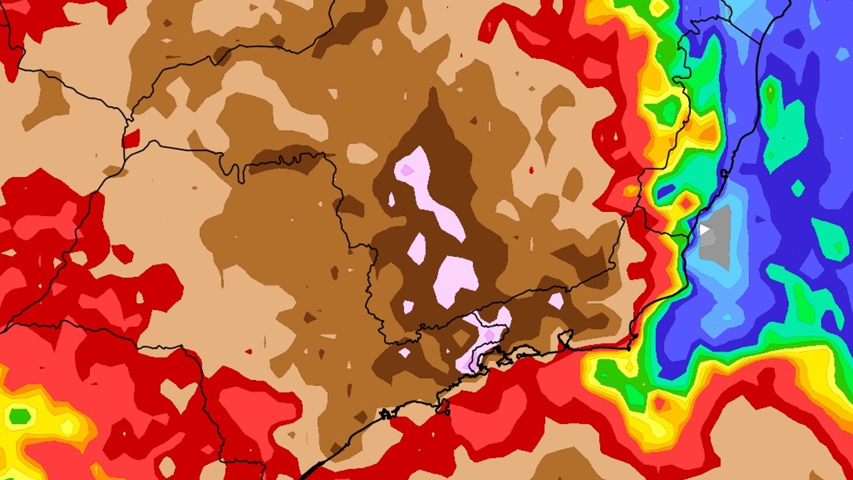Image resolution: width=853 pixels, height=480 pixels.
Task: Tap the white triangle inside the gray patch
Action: click(704, 229)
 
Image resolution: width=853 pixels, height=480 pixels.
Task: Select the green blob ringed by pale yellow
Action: click(19, 415)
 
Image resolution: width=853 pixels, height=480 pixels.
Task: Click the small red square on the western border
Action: click(131, 139)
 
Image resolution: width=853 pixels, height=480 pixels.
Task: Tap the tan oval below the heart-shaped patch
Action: click(167, 466)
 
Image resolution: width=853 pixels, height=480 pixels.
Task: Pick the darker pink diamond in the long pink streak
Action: click(407, 170)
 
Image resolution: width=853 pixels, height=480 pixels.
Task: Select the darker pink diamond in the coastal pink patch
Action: click(489, 336)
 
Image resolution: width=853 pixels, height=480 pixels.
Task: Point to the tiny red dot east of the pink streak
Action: click(531, 169)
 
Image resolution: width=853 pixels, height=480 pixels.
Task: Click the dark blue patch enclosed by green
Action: click(665, 190)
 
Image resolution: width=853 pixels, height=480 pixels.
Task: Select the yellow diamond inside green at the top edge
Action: click(659, 7)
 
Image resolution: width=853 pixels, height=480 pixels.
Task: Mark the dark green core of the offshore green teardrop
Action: click(771, 94)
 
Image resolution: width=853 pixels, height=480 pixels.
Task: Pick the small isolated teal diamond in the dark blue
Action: click(798, 187)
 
